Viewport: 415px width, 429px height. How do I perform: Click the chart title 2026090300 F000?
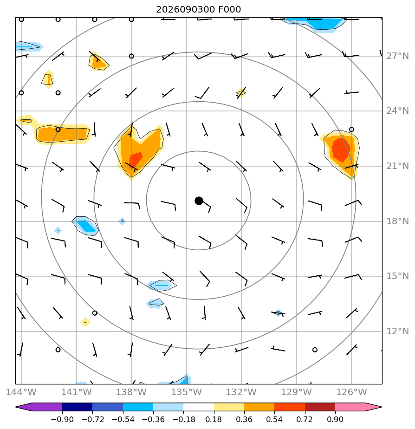point(198,9)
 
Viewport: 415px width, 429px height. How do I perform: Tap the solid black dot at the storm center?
point(199,201)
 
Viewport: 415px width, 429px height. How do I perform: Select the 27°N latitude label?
point(397,56)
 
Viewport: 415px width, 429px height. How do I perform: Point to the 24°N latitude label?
point(397,111)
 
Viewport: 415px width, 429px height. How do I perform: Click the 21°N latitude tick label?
point(397,166)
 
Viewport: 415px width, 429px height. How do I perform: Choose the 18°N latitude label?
point(397,221)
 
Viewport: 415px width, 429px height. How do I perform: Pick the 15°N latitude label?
point(397,276)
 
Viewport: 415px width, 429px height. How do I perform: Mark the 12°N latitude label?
point(397,331)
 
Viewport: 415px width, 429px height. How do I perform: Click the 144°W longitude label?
point(21,392)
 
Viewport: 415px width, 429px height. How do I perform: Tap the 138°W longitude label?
point(131,392)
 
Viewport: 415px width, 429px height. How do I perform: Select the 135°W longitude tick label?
point(186,392)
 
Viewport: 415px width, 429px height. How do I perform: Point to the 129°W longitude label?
point(296,392)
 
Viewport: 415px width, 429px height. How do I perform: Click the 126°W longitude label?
point(351,392)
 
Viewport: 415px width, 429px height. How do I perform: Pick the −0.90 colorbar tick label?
point(62,419)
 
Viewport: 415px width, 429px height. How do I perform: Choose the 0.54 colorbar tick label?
point(274,419)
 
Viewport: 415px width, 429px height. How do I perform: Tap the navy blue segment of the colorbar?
point(77,407)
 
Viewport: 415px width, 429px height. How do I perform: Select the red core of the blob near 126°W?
point(341,150)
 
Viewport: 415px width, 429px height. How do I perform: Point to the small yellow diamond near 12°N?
point(85,322)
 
